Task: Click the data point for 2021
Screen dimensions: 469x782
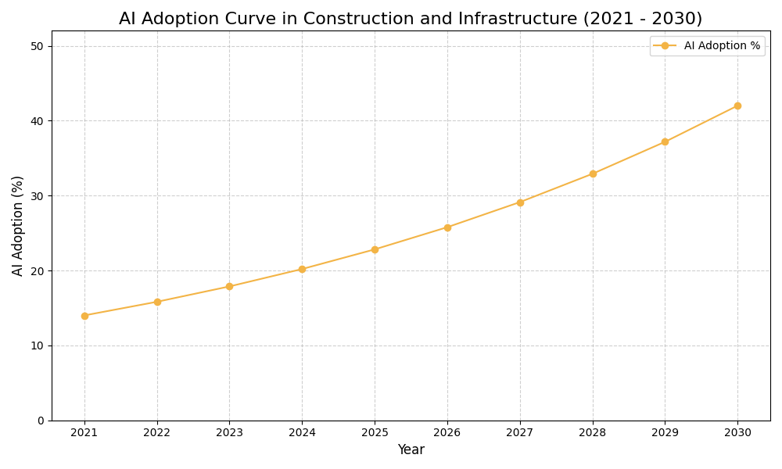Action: click(x=84, y=316)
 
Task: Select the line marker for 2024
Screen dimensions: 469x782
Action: click(x=302, y=269)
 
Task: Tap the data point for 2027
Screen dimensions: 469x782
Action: click(x=520, y=202)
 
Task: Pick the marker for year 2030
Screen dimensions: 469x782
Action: click(x=737, y=106)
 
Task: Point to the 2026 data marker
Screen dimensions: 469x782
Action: click(x=447, y=227)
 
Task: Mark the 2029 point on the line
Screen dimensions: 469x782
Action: click(x=665, y=141)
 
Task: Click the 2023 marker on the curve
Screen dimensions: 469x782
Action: click(x=229, y=286)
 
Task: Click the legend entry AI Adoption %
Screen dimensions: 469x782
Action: click(x=721, y=46)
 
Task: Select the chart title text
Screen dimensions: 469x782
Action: click(x=411, y=19)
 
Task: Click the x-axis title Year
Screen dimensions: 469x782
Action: click(x=411, y=450)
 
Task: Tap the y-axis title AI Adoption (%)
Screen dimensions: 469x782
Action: click(x=18, y=225)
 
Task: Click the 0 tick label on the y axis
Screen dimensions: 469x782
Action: click(x=41, y=421)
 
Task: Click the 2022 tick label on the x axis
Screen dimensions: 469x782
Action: click(x=157, y=433)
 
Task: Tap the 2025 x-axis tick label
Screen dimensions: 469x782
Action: click(x=375, y=433)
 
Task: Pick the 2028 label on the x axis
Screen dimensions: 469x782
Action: click(x=593, y=433)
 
